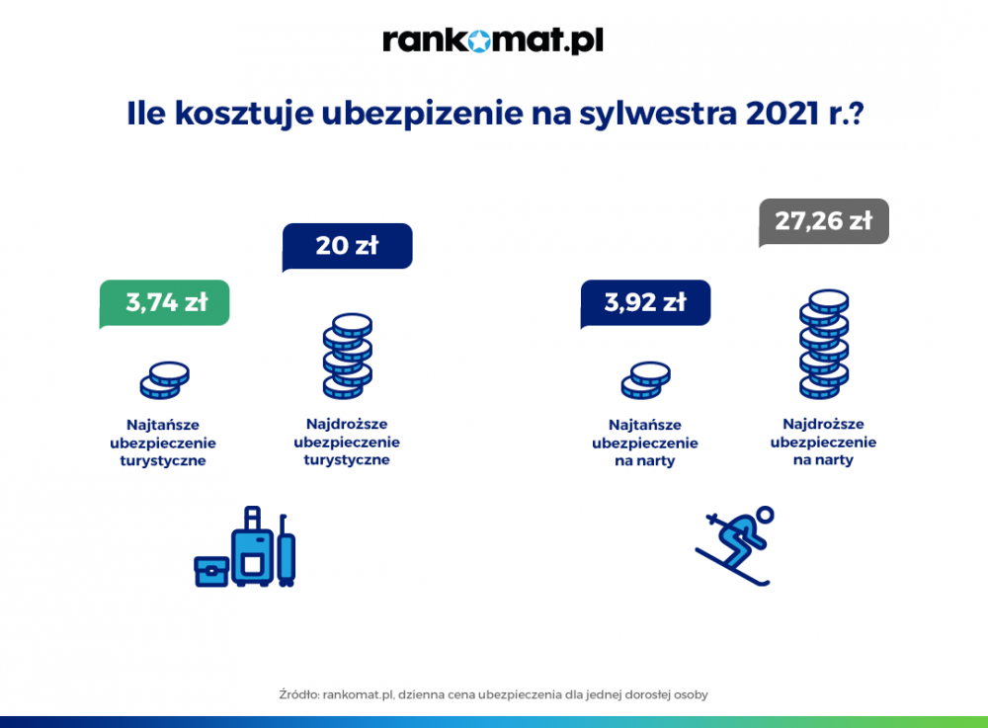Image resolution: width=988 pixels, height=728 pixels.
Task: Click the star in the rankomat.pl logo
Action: (479, 40)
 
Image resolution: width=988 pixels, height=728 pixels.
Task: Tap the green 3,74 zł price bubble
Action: (164, 303)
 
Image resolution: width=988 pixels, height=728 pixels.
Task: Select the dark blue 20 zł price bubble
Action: (347, 246)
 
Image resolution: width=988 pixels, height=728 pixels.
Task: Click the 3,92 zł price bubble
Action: (645, 303)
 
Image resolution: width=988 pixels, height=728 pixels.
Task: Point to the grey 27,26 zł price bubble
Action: (824, 221)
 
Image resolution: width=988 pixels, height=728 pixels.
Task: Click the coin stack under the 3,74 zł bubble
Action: (164, 380)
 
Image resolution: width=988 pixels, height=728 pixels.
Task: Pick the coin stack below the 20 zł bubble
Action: (348, 357)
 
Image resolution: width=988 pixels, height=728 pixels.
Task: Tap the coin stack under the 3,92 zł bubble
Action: (646, 380)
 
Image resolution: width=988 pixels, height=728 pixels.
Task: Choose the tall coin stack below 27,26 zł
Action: (824, 345)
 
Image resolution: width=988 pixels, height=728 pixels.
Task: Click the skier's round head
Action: (765, 516)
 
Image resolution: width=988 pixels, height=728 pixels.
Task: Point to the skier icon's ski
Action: (732, 567)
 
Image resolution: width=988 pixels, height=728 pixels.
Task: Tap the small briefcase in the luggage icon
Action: (211, 572)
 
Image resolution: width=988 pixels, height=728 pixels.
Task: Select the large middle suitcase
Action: (253, 546)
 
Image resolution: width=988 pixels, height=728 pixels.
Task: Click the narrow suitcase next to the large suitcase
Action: (287, 551)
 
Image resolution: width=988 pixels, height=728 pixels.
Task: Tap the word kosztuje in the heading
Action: (244, 114)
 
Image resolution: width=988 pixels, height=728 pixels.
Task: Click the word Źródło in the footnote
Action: (298, 694)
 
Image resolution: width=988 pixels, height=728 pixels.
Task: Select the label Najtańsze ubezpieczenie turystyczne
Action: (163, 443)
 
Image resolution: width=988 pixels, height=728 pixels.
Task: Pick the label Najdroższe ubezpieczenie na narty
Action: (824, 443)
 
